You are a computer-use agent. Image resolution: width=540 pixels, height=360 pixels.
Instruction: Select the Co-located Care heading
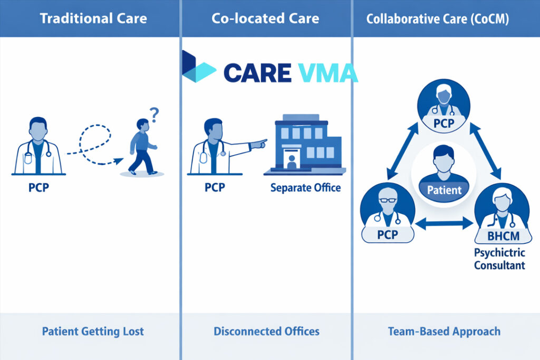(x=265, y=18)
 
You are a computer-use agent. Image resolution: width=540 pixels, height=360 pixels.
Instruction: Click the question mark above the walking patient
(x=154, y=113)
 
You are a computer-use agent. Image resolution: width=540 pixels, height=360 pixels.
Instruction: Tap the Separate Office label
(x=305, y=188)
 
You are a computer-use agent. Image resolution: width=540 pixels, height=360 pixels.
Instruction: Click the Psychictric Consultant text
(x=499, y=258)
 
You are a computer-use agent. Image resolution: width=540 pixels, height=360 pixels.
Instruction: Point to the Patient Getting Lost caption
(x=93, y=332)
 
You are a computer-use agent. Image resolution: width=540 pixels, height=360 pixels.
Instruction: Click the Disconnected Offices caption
(x=266, y=332)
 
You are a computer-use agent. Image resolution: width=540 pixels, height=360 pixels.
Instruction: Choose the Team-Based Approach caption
(x=444, y=332)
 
